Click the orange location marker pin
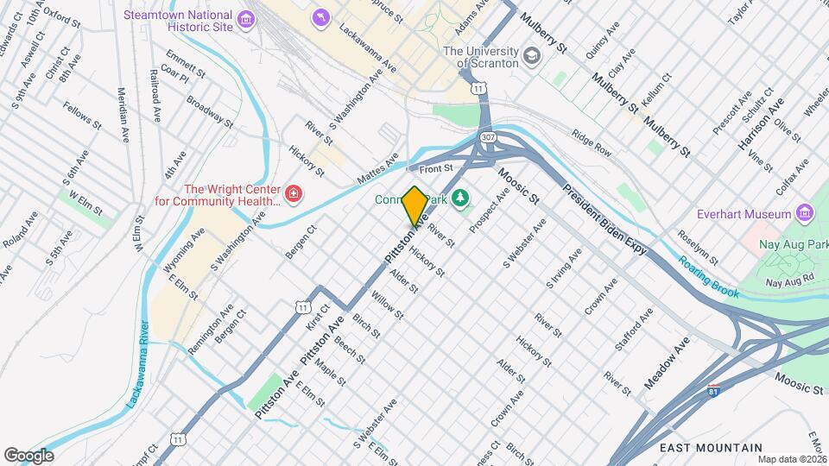[414, 205]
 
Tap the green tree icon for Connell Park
[461, 199]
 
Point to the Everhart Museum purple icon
[805, 213]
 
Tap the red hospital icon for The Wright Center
[294, 194]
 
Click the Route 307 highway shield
[488, 137]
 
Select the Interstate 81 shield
[713, 391]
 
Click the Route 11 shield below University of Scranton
[477, 89]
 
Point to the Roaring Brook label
[708, 277]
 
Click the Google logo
[29, 455]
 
